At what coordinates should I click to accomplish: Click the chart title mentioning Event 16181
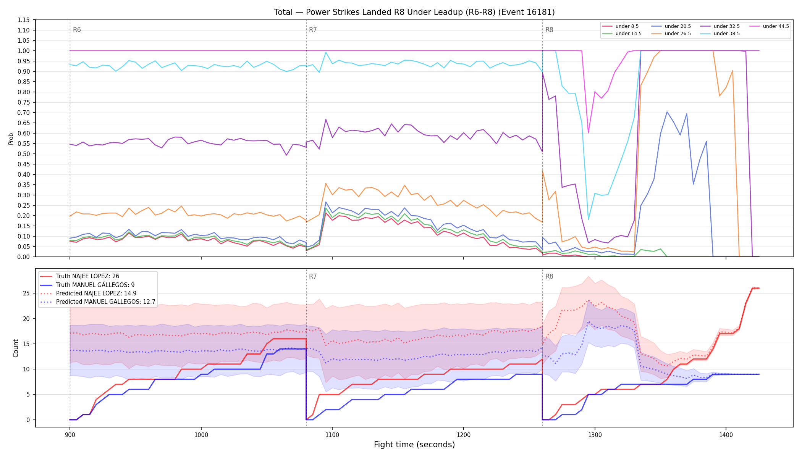point(414,12)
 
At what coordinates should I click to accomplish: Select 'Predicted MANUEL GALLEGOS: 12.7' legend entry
point(97,302)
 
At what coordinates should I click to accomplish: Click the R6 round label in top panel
point(77,30)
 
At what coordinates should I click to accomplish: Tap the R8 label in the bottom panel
point(549,276)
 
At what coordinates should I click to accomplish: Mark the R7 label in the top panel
point(313,30)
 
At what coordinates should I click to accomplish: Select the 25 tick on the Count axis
point(26,294)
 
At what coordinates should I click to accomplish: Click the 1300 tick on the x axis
point(595,435)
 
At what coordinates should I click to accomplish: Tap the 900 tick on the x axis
point(70,435)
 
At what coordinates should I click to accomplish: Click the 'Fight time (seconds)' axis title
point(414,445)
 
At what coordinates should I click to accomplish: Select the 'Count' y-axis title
point(16,348)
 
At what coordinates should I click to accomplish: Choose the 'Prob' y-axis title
point(11,139)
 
